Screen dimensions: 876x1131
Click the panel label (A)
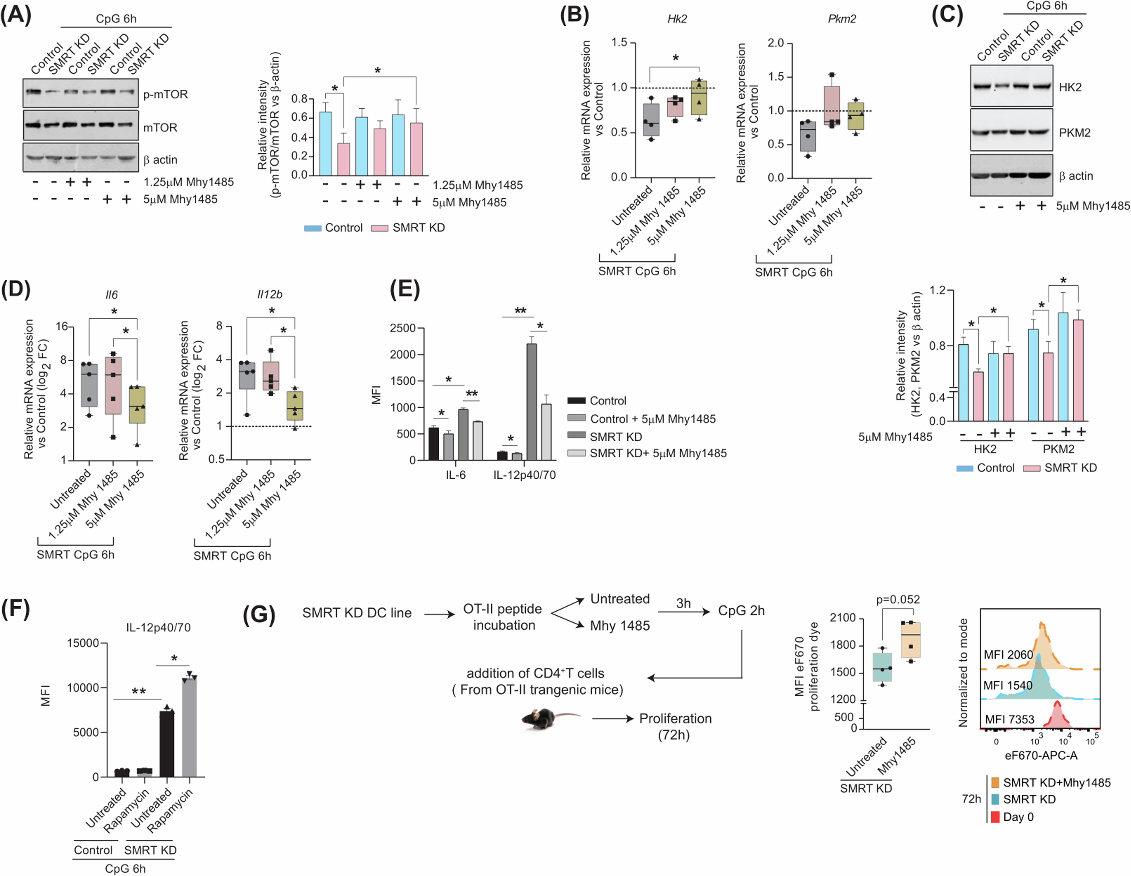pos(16,14)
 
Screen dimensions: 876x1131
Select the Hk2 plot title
pos(677,19)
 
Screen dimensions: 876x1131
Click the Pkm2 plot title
pos(842,19)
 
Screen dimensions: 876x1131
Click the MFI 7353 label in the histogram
pos(1009,719)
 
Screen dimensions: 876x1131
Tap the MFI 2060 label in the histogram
pos(1008,654)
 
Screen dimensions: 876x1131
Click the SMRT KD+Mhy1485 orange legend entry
pos(1056,782)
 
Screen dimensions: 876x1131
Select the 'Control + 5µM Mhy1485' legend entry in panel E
pos(653,419)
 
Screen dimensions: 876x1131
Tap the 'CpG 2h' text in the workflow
pos(741,611)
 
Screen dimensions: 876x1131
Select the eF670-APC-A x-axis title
pos(1041,755)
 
